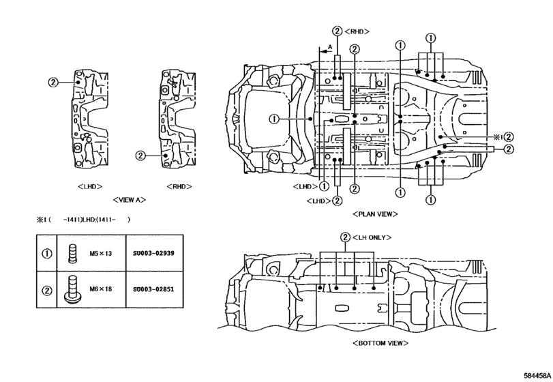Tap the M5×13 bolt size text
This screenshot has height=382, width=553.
coord(100,254)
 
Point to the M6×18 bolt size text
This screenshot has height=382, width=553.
coord(100,289)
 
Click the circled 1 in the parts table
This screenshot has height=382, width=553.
coord(47,254)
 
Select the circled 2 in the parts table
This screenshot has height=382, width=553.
coord(47,289)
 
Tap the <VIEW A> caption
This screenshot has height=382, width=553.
coord(129,201)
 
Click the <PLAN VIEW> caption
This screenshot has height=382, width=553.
coord(375,214)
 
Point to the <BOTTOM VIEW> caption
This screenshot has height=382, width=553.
coord(375,342)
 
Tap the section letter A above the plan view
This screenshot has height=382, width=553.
coord(330,46)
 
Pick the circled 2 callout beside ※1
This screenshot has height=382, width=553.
coord(509,136)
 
